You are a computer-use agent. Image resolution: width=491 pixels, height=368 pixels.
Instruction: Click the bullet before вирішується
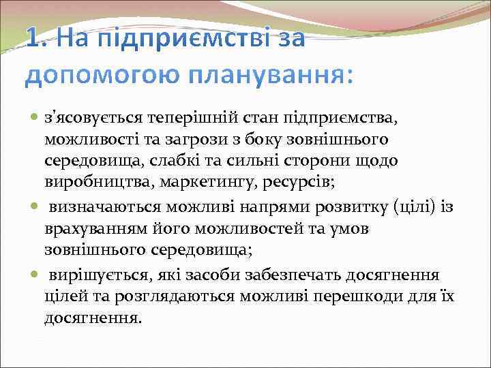point(35,275)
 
